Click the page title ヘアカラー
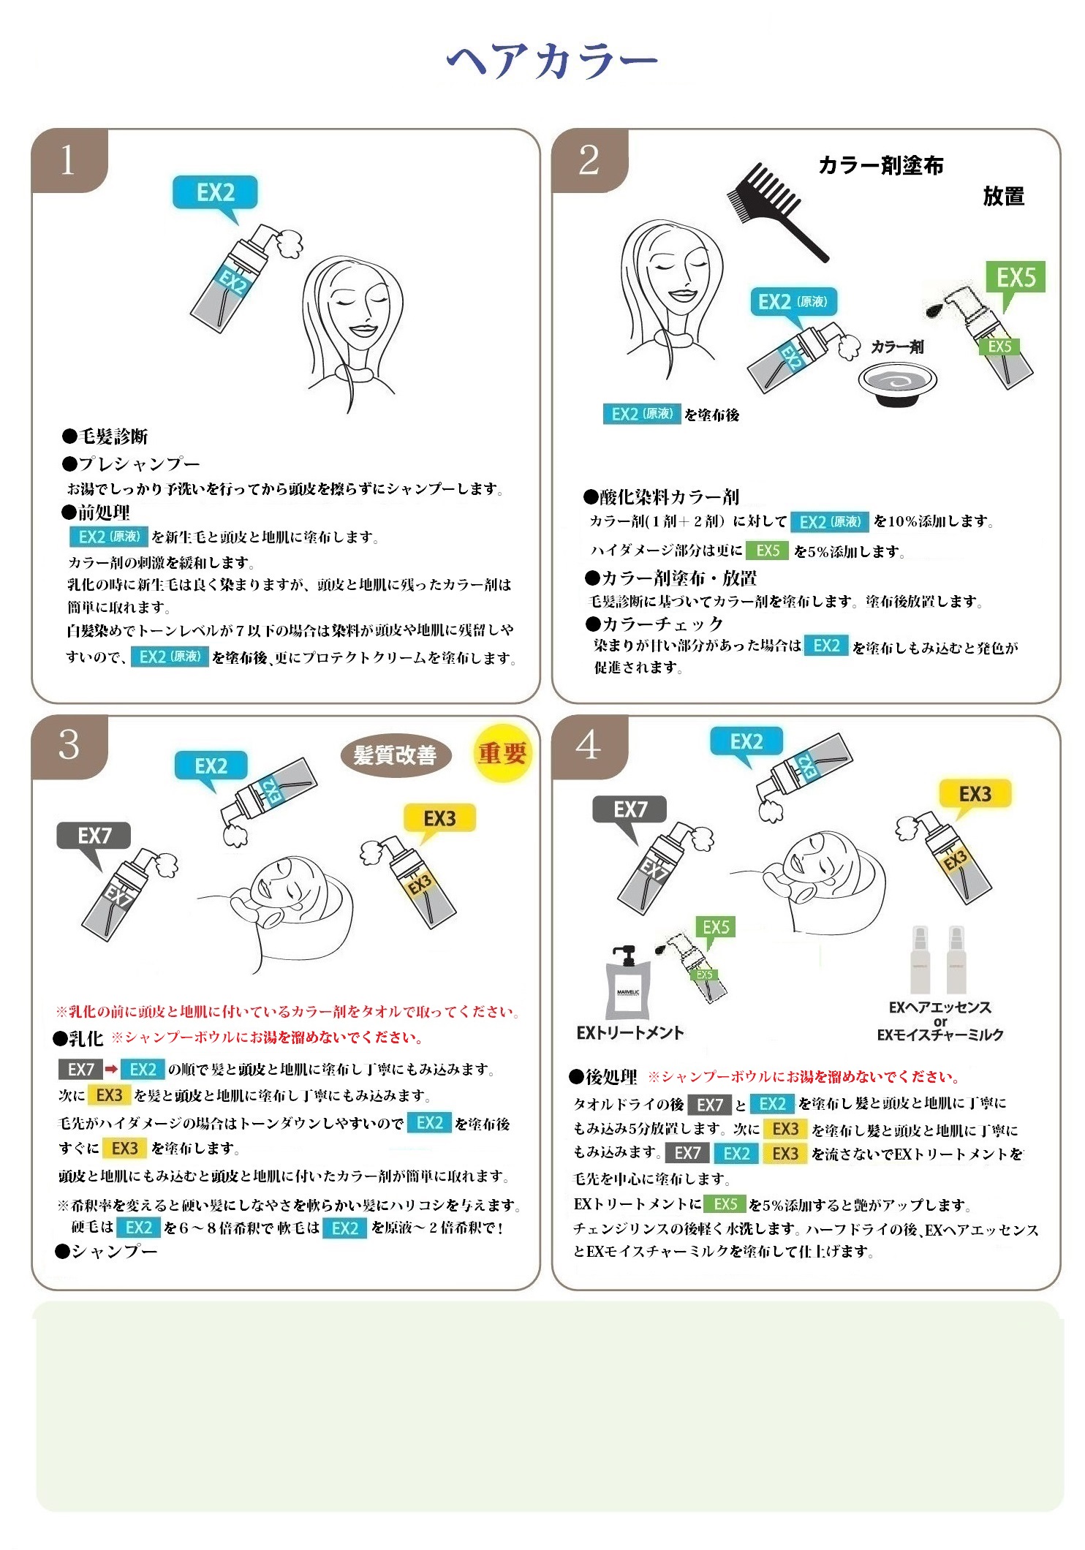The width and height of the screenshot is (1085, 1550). pyautogui.click(x=552, y=60)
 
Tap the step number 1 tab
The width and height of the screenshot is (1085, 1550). pyautogui.click(x=69, y=161)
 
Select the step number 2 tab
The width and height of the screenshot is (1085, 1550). pyautogui.click(x=590, y=161)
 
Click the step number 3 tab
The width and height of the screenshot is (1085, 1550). pyautogui.click(x=69, y=746)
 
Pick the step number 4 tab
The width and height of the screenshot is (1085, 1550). pyautogui.click(x=590, y=746)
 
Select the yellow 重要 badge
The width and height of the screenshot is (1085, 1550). pyautogui.click(x=502, y=753)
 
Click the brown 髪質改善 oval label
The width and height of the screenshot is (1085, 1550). pyautogui.click(x=396, y=755)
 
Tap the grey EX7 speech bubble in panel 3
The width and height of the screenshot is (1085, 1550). pyautogui.click(x=94, y=842)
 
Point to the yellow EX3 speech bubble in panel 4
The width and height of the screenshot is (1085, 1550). pyautogui.click(x=975, y=798)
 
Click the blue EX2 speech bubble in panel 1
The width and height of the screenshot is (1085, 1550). pyautogui.click(x=215, y=197)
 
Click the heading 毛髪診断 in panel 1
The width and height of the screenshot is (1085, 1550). pyautogui.click(x=105, y=436)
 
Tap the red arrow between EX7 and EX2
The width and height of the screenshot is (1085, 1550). pyautogui.click(x=111, y=1069)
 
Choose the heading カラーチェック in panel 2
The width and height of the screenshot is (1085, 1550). pyautogui.click(x=654, y=624)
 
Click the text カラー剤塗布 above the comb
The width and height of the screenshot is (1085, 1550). pyautogui.click(x=881, y=165)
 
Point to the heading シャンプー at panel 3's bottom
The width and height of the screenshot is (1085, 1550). pyautogui.click(x=107, y=1251)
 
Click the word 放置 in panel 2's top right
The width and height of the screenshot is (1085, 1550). pyautogui.click(x=1004, y=196)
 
